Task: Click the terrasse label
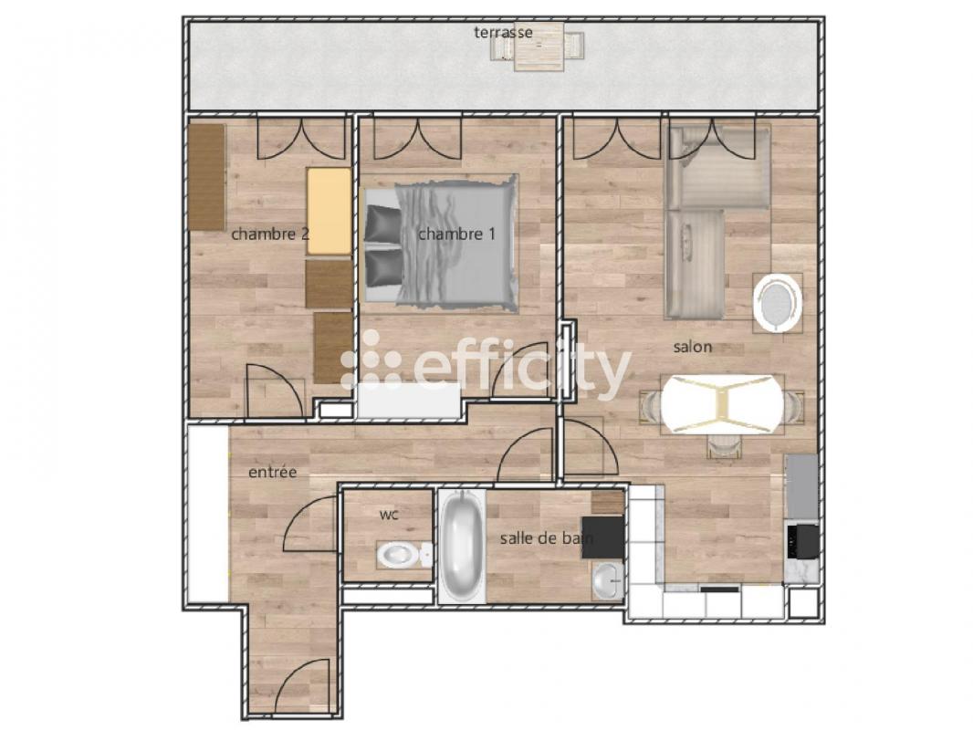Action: (503, 32)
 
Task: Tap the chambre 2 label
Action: (270, 235)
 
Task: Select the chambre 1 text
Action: (456, 234)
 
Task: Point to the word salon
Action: (693, 348)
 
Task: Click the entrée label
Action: (272, 472)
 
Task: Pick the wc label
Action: (389, 515)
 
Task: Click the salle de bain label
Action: (547, 538)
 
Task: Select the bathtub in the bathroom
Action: (462, 547)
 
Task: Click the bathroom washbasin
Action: (607, 582)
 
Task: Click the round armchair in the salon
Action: (776, 303)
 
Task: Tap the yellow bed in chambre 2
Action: (329, 211)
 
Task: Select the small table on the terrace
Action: (539, 47)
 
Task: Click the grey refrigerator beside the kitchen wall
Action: (802, 487)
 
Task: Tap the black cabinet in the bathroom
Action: (602, 538)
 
